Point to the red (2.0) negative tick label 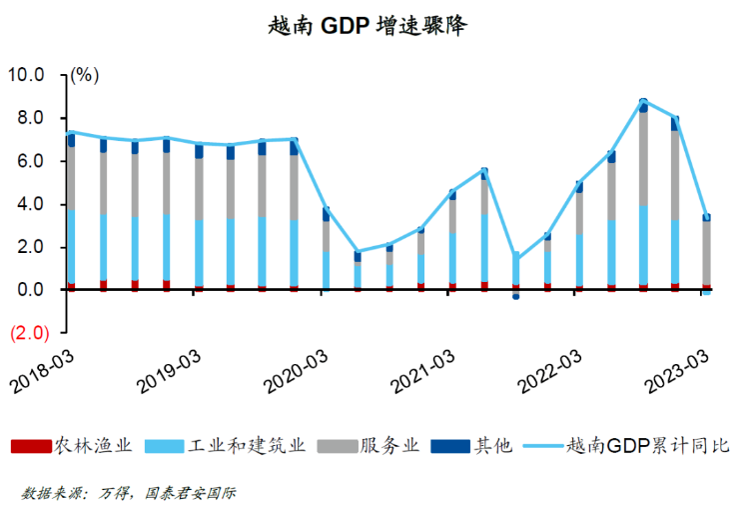(28, 333)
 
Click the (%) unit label (85, 75)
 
